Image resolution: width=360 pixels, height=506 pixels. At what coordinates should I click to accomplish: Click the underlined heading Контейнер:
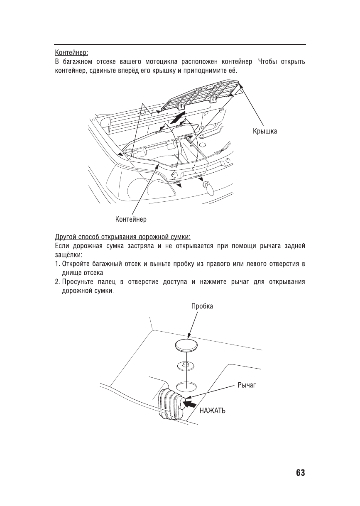coord(71,53)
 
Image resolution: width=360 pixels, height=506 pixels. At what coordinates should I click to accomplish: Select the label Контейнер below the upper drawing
coord(131,218)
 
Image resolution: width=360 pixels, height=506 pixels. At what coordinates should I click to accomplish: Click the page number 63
coord(301,473)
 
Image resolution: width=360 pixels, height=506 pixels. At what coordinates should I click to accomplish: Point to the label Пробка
coord(202,306)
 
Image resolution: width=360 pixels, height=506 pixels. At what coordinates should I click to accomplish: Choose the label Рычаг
coord(246,385)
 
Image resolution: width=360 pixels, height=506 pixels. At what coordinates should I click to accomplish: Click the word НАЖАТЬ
coord(213,411)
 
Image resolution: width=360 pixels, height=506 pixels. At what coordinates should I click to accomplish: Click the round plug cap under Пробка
coord(186,344)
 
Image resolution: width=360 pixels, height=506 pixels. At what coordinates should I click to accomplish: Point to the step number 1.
coord(58,265)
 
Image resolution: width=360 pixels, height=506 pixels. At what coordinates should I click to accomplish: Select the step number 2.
coord(58,282)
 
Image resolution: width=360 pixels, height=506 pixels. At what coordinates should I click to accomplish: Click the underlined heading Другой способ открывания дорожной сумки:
coord(123,237)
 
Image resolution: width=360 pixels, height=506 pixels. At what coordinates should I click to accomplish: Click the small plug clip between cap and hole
coord(186,365)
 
